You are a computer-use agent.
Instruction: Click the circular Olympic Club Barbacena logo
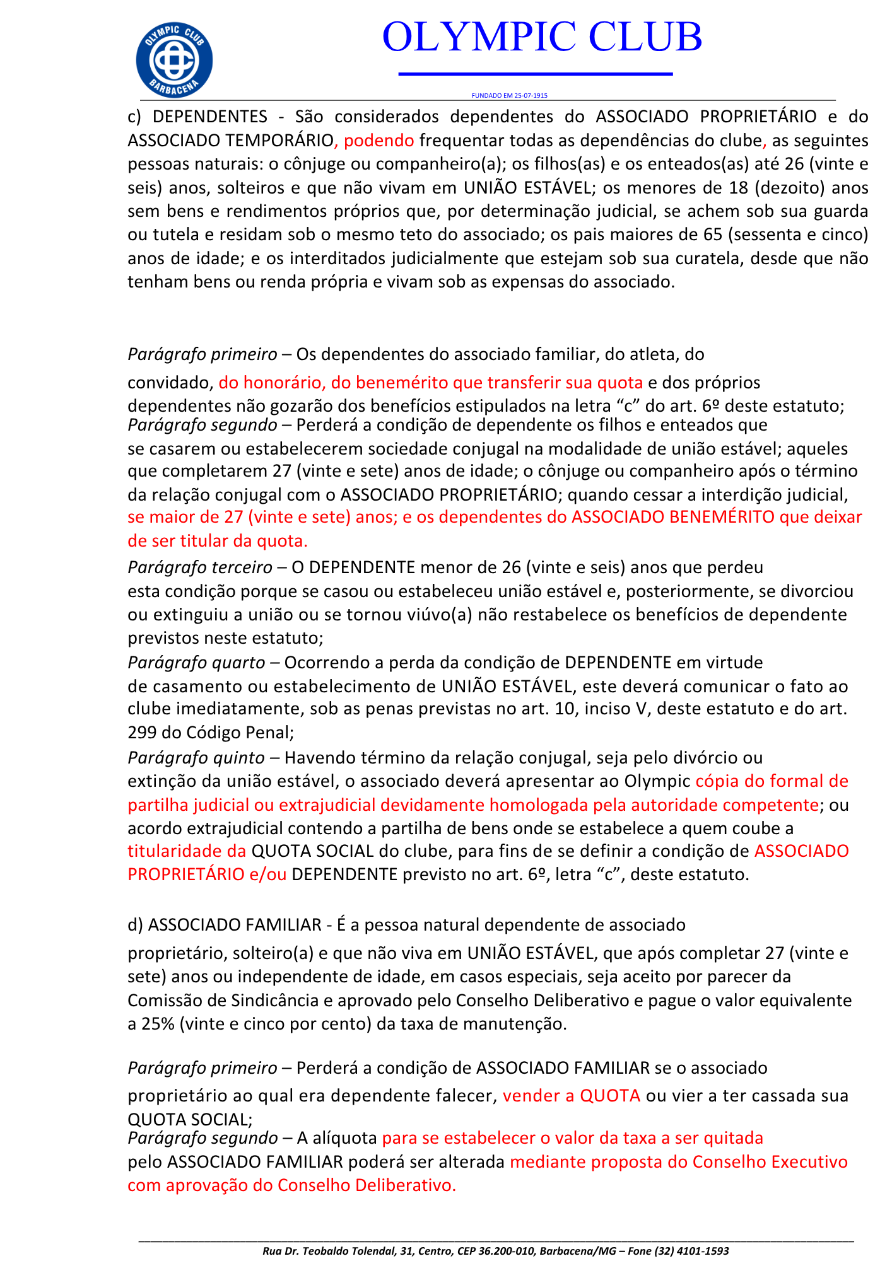[x=174, y=60]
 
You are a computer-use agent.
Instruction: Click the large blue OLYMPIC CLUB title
[x=542, y=37]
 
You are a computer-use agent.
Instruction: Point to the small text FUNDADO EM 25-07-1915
[x=509, y=96]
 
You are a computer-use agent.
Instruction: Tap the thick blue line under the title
[x=536, y=74]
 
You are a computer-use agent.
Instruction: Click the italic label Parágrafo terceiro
[x=199, y=567]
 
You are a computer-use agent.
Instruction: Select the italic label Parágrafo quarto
[x=196, y=663]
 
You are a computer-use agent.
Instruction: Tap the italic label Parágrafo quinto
[x=196, y=757]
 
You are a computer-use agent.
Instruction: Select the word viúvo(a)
[x=440, y=615]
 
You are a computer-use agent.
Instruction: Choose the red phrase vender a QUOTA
[x=572, y=1096]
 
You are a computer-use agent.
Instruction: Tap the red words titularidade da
[x=187, y=851]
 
